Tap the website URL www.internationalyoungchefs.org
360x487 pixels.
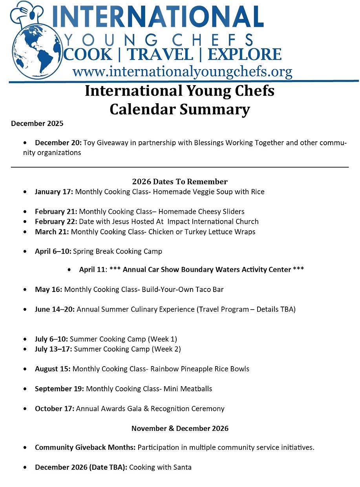[x=182, y=72]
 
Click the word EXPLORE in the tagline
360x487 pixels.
[x=244, y=55]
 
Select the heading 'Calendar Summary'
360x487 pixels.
[x=179, y=109]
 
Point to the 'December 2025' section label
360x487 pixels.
[x=37, y=124]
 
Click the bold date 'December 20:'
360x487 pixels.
[x=58, y=143]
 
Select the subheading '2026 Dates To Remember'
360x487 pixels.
[x=180, y=182]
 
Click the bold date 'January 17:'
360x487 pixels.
[x=54, y=192]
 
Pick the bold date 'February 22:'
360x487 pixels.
[x=56, y=221]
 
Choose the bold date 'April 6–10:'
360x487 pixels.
[x=53, y=251]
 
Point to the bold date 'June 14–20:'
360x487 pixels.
[x=55, y=309]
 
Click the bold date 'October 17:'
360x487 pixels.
[x=54, y=409]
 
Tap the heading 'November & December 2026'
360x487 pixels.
[x=180, y=428]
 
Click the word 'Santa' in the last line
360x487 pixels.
[x=182, y=467]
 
